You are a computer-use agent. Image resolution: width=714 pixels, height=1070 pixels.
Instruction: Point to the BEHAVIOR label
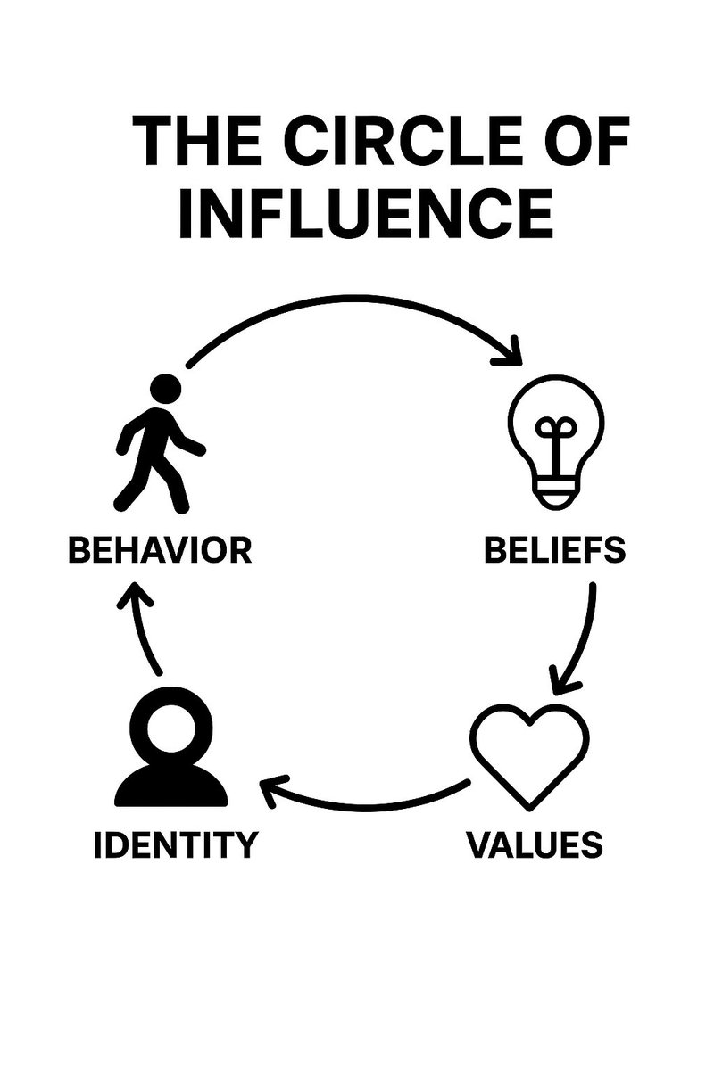pyautogui.click(x=161, y=550)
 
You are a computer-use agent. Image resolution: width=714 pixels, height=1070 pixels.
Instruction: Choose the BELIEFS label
pyautogui.click(x=554, y=550)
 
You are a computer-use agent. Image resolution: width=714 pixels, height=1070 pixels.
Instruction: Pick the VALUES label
pyautogui.click(x=535, y=844)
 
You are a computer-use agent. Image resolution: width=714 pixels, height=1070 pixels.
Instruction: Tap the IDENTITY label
pyautogui.click(x=175, y=844)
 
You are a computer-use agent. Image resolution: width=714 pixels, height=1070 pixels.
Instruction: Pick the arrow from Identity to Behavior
pyautogui.click(x=143, y=624)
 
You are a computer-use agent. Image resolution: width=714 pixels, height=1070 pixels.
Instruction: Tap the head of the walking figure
pyautogui.click(x=166, y=390)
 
